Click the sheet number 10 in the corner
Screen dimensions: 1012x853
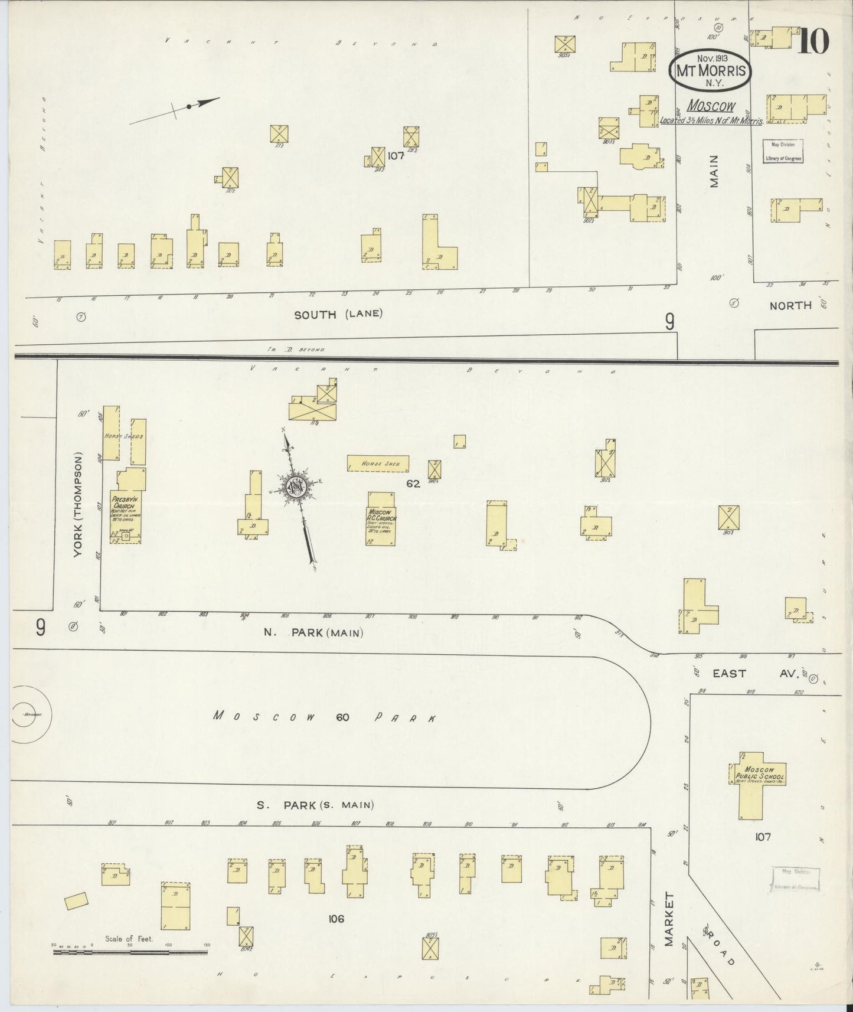tap(814, 41)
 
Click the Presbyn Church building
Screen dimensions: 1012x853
tap(125, 514)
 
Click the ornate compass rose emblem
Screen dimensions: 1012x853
tap(295, 488)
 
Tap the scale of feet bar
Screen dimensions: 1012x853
tap(130, 951)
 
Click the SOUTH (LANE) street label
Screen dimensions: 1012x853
tap(338, 314)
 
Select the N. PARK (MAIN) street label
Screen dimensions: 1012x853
tap(313, 632)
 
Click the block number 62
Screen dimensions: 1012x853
tap(413, 484)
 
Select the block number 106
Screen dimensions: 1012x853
tap(336, 918)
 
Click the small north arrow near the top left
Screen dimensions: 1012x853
tap(189, 106)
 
